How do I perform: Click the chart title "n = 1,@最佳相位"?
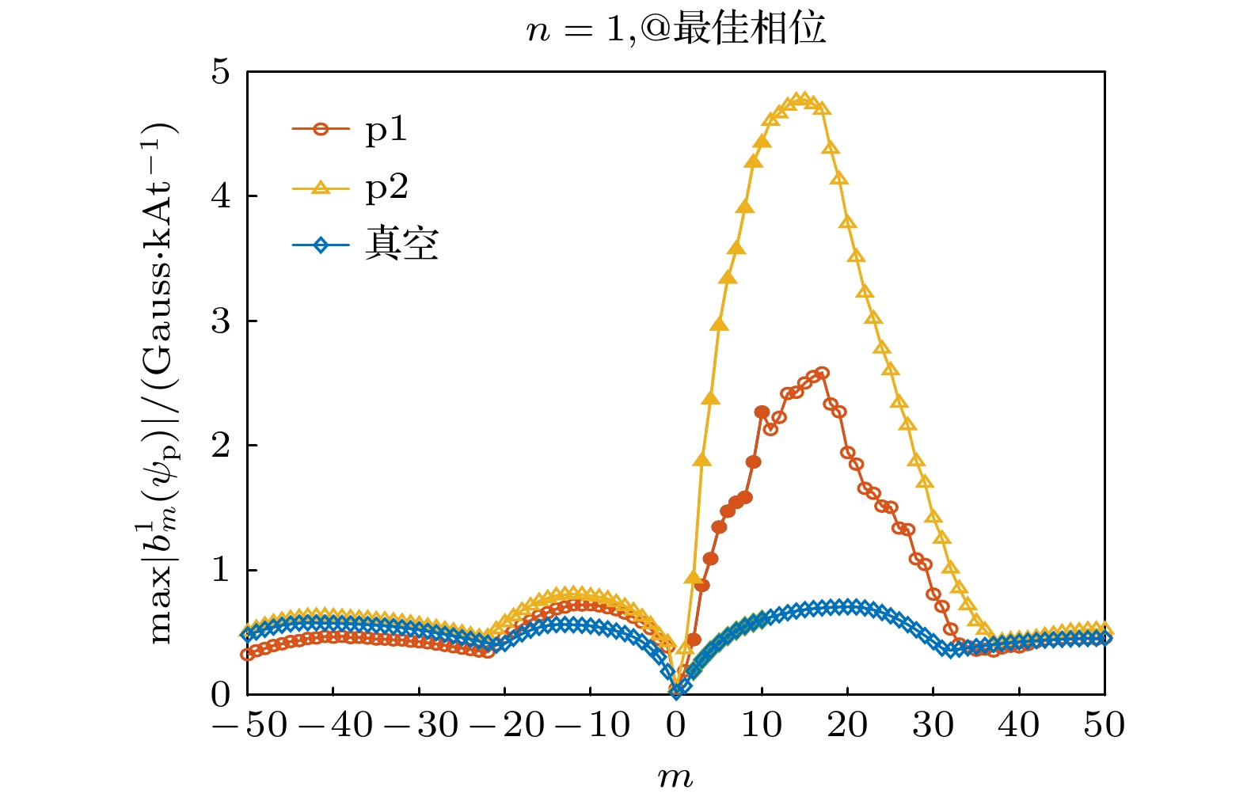(676, 29)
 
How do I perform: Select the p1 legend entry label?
(386, 130)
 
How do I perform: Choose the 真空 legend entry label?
(401, 245)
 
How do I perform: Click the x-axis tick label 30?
(933, 725)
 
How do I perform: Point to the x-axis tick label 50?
(1104, 725)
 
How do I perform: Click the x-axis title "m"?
(675, 777)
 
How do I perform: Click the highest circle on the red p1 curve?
(822, 373)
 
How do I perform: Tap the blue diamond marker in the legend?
(321, 245)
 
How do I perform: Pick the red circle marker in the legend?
(321, 130)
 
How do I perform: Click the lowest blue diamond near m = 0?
(676, 691)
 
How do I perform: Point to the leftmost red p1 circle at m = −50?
(248, 655)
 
